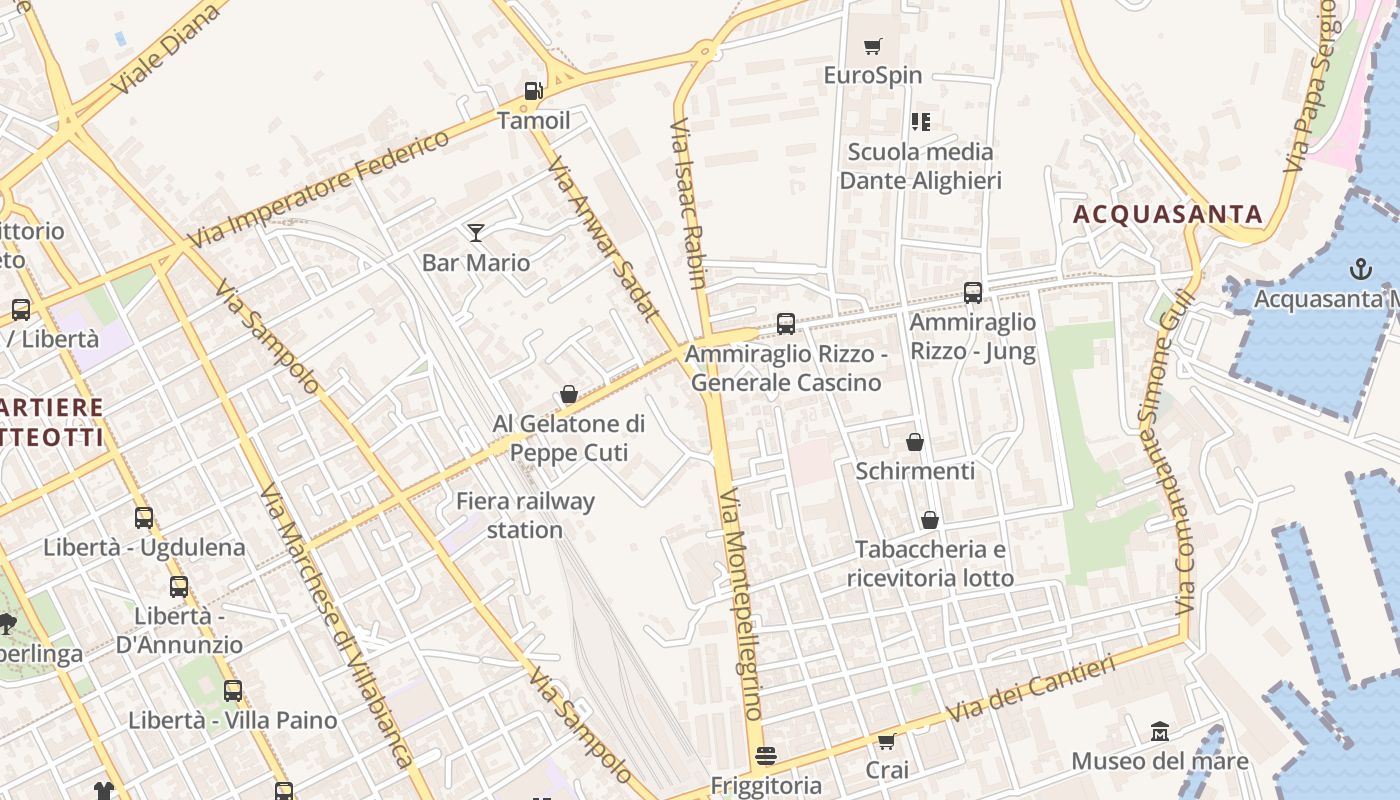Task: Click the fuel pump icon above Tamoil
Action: point(534,91)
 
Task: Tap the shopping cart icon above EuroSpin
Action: point(873,46)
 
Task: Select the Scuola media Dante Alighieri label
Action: point(920,166)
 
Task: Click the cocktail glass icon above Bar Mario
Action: point(476,233)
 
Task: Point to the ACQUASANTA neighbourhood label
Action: point(1168,214)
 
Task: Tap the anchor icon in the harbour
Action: point(1360,268)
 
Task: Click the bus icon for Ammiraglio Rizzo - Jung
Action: point(973,293)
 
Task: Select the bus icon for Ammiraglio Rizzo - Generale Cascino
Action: point(786,324)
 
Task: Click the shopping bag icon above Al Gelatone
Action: point(569,395)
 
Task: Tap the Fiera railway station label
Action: point(525,515)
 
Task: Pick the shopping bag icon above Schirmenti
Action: point(915,442)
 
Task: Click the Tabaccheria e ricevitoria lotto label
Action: point(930,564)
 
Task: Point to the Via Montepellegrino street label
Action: point(742,604)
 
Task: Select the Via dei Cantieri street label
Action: point(1031,690)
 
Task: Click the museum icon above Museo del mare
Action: point(1160,732)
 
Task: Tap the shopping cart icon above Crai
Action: point(886,741)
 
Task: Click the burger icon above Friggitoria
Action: point(766,756)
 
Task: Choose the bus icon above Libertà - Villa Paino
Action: point(233,691)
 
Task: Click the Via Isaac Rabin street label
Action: point(689,205)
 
